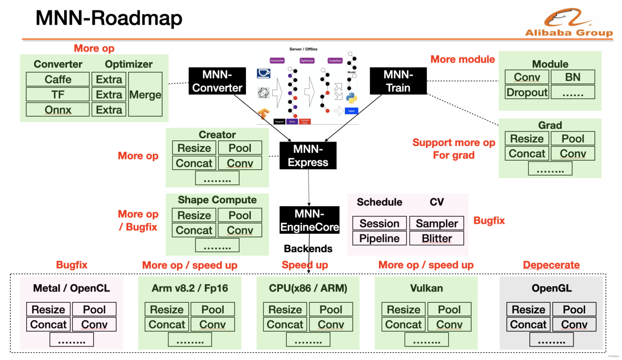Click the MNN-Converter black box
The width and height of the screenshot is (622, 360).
[217, 81]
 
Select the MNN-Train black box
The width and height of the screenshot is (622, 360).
[398, 81]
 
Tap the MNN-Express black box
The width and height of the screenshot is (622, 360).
[308, 156]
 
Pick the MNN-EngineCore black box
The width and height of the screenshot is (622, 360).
[309, 220]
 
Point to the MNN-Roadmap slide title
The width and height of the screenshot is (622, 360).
[109, 18]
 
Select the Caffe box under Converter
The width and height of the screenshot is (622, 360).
[58, 80]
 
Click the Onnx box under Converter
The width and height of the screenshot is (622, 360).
[58, 110]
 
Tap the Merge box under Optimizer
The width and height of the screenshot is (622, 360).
[145, 95]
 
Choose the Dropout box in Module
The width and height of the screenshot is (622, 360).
[527, 92]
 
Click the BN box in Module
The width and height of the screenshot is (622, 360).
[573, 77]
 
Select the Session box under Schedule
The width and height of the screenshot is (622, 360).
[379, 223]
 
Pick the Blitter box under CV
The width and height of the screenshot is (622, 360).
[437, 238]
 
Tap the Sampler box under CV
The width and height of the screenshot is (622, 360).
[437, 223]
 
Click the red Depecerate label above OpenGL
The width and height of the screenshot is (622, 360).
[551, 265]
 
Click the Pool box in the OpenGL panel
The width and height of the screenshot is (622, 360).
[574, 310]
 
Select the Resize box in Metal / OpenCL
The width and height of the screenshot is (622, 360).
[48, 310]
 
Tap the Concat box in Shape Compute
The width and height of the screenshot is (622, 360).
[194, 230]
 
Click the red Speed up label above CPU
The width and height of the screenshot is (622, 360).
[305, 265]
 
